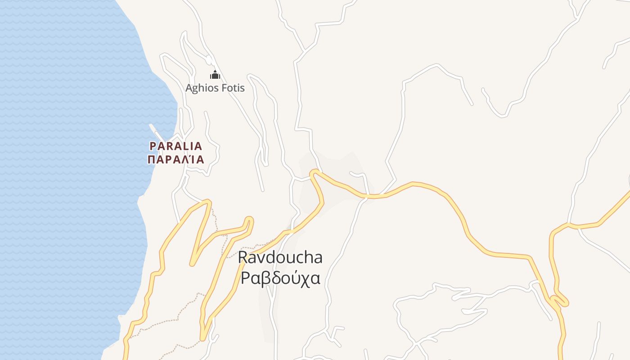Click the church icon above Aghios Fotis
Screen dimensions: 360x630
pyautogui.click(x=215, y=75)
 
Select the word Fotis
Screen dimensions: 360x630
pyautogui.click(x=232, y=88)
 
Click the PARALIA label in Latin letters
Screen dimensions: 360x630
pyautogui.click(x=176, y=146)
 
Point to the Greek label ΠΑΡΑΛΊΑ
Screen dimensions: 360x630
pyautogui.click(x=176, y=159)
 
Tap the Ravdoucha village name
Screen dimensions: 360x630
pyautogui.click(x=280, y=257)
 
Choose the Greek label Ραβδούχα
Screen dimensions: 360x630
pyautogui.click(x=280, y=278)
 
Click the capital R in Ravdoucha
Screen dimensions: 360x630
pyautogui.click(x=243, y=257)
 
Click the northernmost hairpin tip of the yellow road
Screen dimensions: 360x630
pyautogui.click(x=314, y=171)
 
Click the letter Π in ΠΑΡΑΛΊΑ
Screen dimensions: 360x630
pyautogui.click(x=152, y=159)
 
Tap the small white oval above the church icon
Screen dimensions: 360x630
pyautogui.click(x=208, y=60)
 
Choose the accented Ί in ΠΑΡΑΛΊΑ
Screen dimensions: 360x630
pyautogui.click(x=189, y=159)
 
